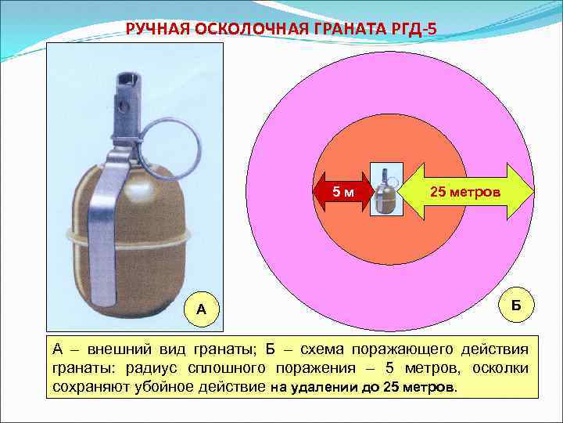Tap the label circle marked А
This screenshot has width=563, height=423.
point(202,309)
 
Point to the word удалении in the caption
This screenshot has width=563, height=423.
point(319,387)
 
